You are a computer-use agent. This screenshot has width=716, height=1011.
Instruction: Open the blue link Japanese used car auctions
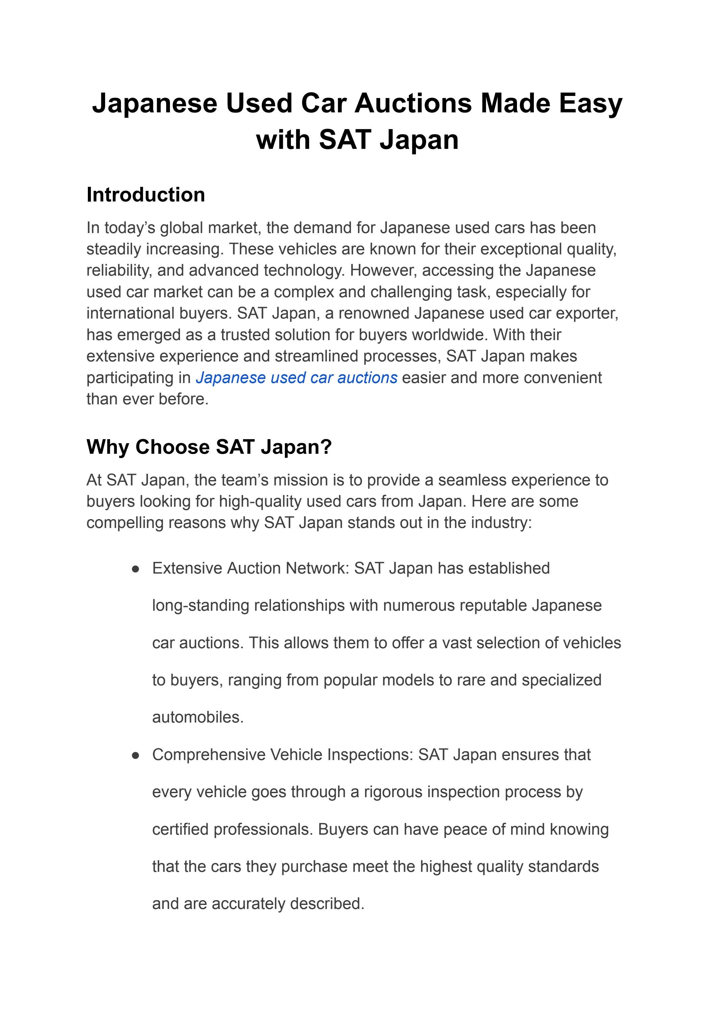coord(296,378)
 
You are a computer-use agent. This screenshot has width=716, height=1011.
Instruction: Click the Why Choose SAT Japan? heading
coord(208,447)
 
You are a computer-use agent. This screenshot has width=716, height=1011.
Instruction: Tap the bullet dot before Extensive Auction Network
coord(136,569)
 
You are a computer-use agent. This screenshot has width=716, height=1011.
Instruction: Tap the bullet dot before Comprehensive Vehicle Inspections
coord(136,755)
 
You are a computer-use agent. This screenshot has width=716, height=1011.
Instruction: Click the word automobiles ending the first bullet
coord(198,717)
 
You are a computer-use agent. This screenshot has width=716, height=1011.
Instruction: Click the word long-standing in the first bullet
coord(201,606)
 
